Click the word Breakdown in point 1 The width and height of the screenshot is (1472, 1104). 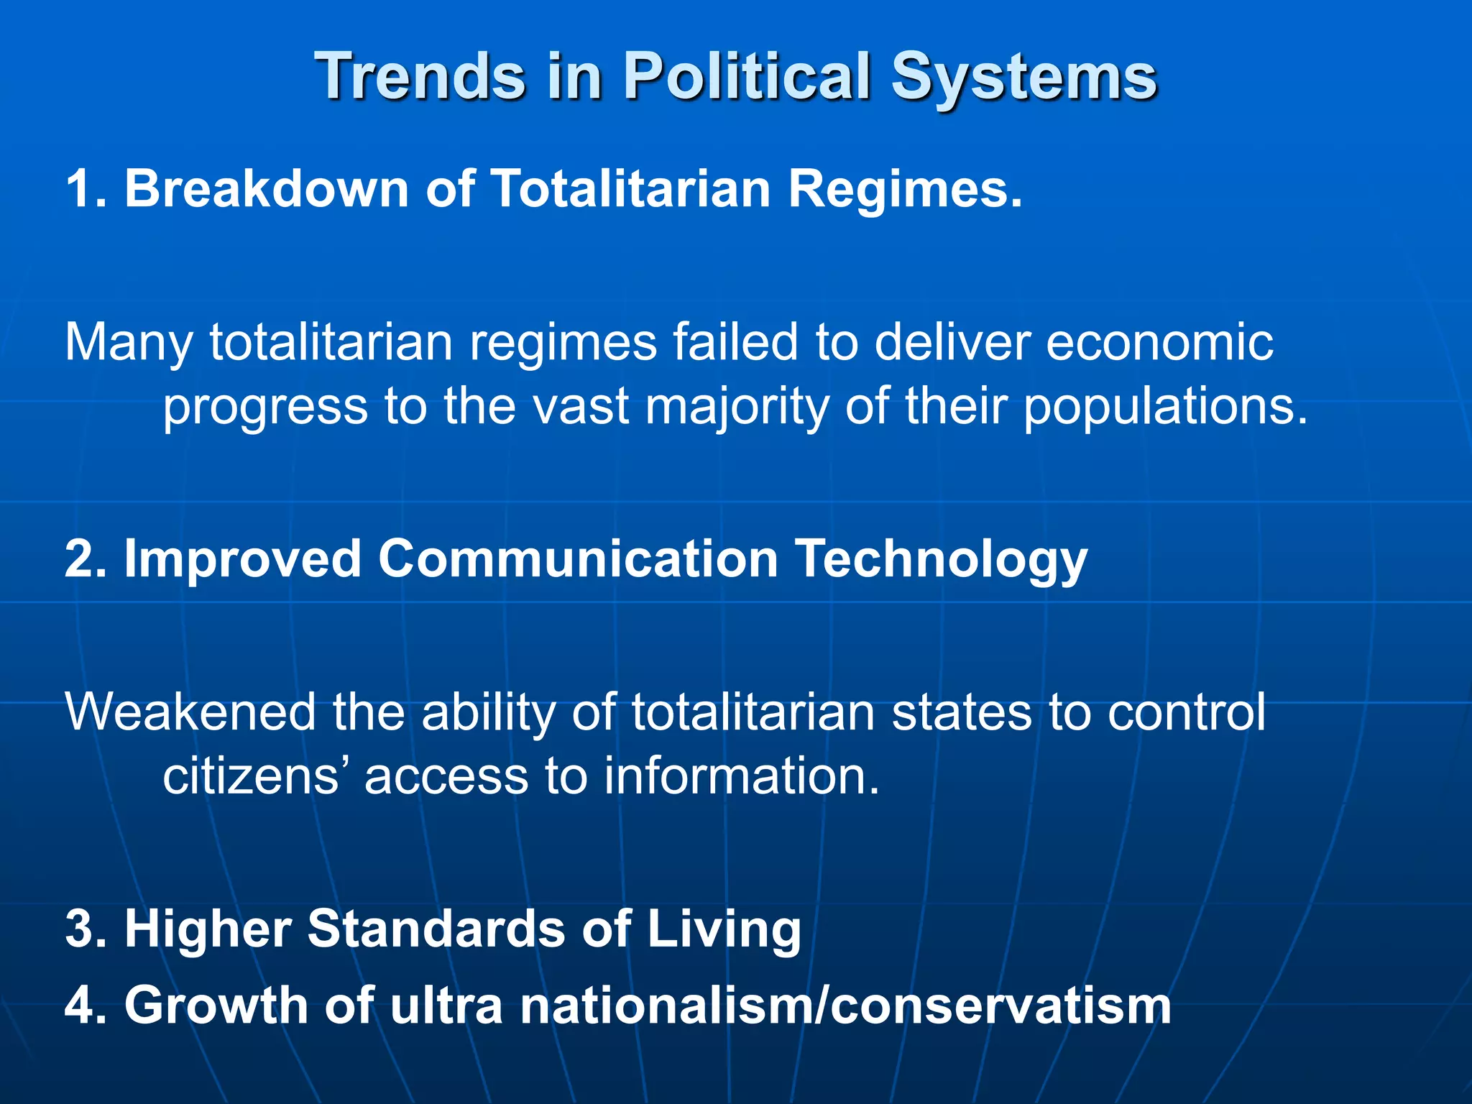pyautogui.click(x=267, y=188)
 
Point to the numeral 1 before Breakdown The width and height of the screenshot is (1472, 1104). pyautogui.click(x=78, y=188)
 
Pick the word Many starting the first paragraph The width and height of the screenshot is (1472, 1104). pyautogui.click(x=129, y=343)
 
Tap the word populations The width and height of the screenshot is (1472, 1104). pyautogui.click(x=1164, y=408)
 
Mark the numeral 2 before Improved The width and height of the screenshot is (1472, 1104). pyautogui.click(x=79, y=558)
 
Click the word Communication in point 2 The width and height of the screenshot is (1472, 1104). pyautogui.click(x=578, y=558)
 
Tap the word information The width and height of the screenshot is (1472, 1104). pyautogui.click(x=741, y=776)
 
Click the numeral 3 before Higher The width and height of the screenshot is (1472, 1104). pyautogui.click(x=79, y=929)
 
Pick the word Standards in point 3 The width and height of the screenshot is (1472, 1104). pyautogui.click(x=436, y=929)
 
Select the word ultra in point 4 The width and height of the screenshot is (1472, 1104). pyautogui.click(x=446, y=1005)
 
